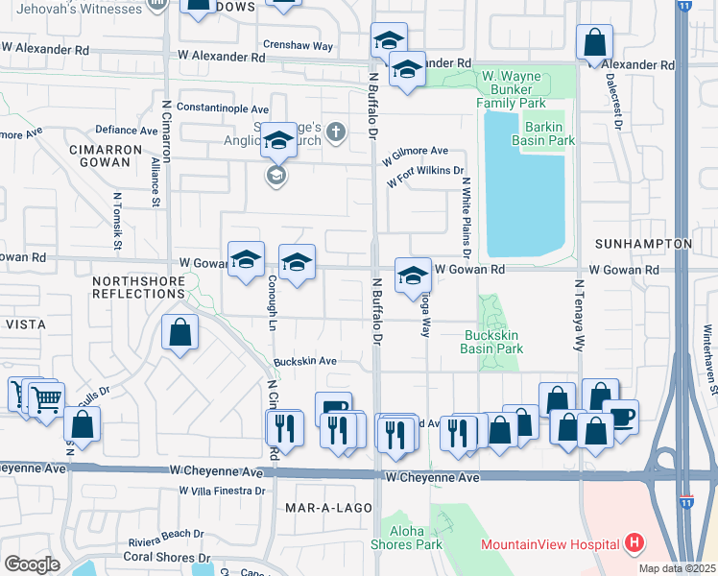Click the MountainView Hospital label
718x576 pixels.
[x=549, y=544]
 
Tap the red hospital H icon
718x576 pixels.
[x=634, y=543]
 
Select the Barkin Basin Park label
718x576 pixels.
[x=549, y=133]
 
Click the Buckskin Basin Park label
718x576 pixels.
[x=492, y=342]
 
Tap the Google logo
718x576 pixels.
[x=32, y=564]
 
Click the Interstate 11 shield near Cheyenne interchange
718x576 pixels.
[x=685, y=501]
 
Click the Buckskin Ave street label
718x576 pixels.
[x=305, y=361]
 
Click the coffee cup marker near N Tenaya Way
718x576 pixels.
[x=621, y=416]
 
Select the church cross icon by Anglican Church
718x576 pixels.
[x=335, y=132]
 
